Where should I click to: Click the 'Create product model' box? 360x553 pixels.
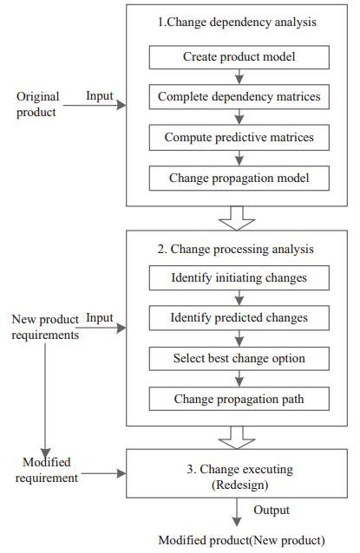(x=239, y=57)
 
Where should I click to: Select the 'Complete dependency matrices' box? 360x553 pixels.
(x=239, y=96)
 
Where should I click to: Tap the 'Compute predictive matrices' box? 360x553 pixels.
(x=239, y=138)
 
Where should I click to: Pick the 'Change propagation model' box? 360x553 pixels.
(x=239, y=179)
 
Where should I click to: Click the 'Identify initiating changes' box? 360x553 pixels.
(x=239, y=278)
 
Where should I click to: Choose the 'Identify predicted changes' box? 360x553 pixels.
(x=239, y=318)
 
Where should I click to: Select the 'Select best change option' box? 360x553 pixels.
(x=239, y=359)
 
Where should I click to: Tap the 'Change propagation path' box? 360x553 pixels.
(x=239, y=399)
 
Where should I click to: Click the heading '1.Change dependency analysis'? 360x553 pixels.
(x=237, y=23)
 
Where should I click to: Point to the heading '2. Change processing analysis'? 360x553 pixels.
(x=235, y=250)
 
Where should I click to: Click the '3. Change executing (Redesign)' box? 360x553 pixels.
(x=237, y=473)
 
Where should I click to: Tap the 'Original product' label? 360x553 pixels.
(x=37, y=104)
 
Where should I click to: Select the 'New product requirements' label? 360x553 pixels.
(x=45, y=327)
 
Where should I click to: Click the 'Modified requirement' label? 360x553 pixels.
(x=46, y=470)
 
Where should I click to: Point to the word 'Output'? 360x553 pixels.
(x=272, y=511)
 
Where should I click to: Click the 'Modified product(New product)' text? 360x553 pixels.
(x=241, y=540)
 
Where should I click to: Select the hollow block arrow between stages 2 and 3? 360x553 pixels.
(x=237, y=438)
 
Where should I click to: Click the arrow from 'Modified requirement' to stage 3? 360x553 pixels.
(x=103, y=473)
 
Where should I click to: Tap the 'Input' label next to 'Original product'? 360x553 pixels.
(x=100, y=96)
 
